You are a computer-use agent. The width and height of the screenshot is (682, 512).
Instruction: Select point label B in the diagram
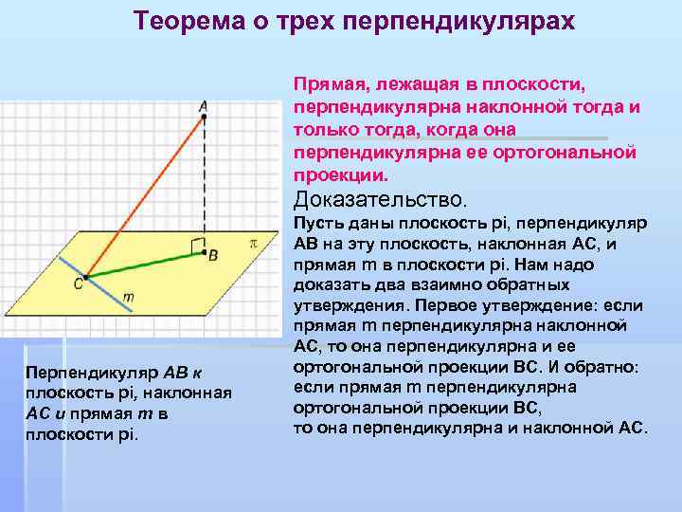tap(213, 255)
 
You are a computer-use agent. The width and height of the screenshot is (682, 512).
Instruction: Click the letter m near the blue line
tap(129, 297)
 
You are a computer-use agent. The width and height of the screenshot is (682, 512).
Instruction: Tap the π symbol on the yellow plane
tap(253, 243)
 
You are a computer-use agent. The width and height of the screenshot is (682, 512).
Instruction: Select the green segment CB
tap(142, 266)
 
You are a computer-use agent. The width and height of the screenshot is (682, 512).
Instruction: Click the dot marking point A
tap(204, 117)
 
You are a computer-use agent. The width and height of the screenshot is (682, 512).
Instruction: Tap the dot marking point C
tap(85, 278)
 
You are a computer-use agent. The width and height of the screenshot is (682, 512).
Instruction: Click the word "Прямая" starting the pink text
tap(326, 84)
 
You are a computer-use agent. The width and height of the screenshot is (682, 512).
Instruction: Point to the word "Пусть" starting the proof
tap(314, 222)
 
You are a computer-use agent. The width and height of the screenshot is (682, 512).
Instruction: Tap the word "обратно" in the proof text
tap(606, 366)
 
